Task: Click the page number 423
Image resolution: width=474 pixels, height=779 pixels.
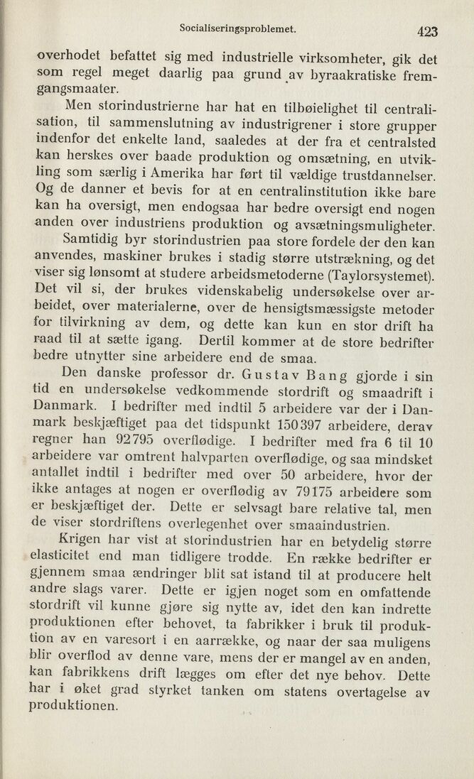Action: (x=428, y=30)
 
